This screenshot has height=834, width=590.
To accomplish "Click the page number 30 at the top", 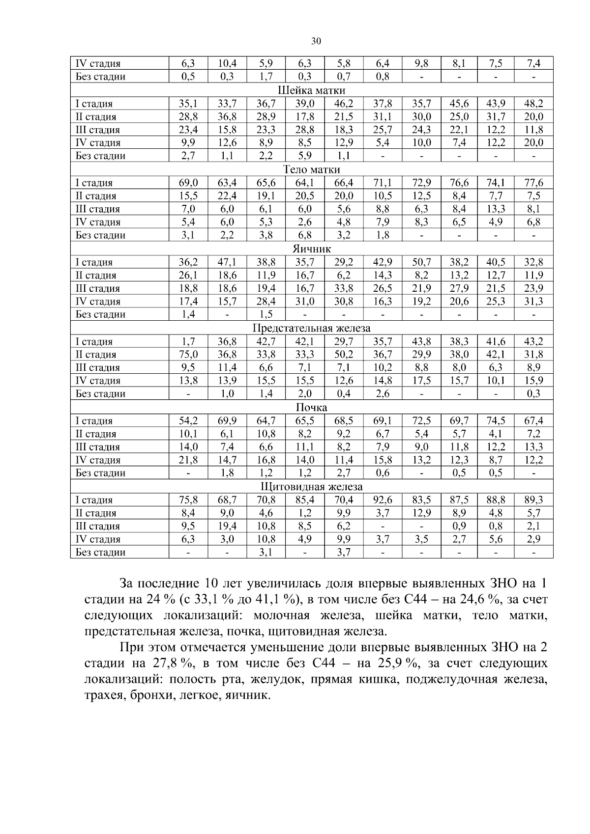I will click(316, 41).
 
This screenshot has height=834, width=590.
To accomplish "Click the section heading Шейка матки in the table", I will click(311, 90).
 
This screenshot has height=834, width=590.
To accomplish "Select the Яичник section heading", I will click(311, 249).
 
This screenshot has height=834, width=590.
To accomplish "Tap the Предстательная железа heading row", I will click(311, 328).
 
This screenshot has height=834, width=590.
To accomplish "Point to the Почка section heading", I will click(311, 408).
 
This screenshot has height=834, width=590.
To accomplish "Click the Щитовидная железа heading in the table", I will click(311, 487).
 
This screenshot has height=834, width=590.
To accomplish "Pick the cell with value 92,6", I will click(383, 500).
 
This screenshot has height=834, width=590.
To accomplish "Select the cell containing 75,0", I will click(188, 355).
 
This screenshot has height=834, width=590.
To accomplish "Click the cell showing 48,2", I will click(533, 104).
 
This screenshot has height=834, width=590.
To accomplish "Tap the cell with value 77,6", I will click(533, 183).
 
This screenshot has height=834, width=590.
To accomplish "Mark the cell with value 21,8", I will click(188, 460).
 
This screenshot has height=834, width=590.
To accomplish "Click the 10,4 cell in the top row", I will click(227, 63).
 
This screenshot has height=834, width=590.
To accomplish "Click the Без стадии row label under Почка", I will click(100, 473).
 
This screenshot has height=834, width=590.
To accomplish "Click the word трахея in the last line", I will click(102, 695).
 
